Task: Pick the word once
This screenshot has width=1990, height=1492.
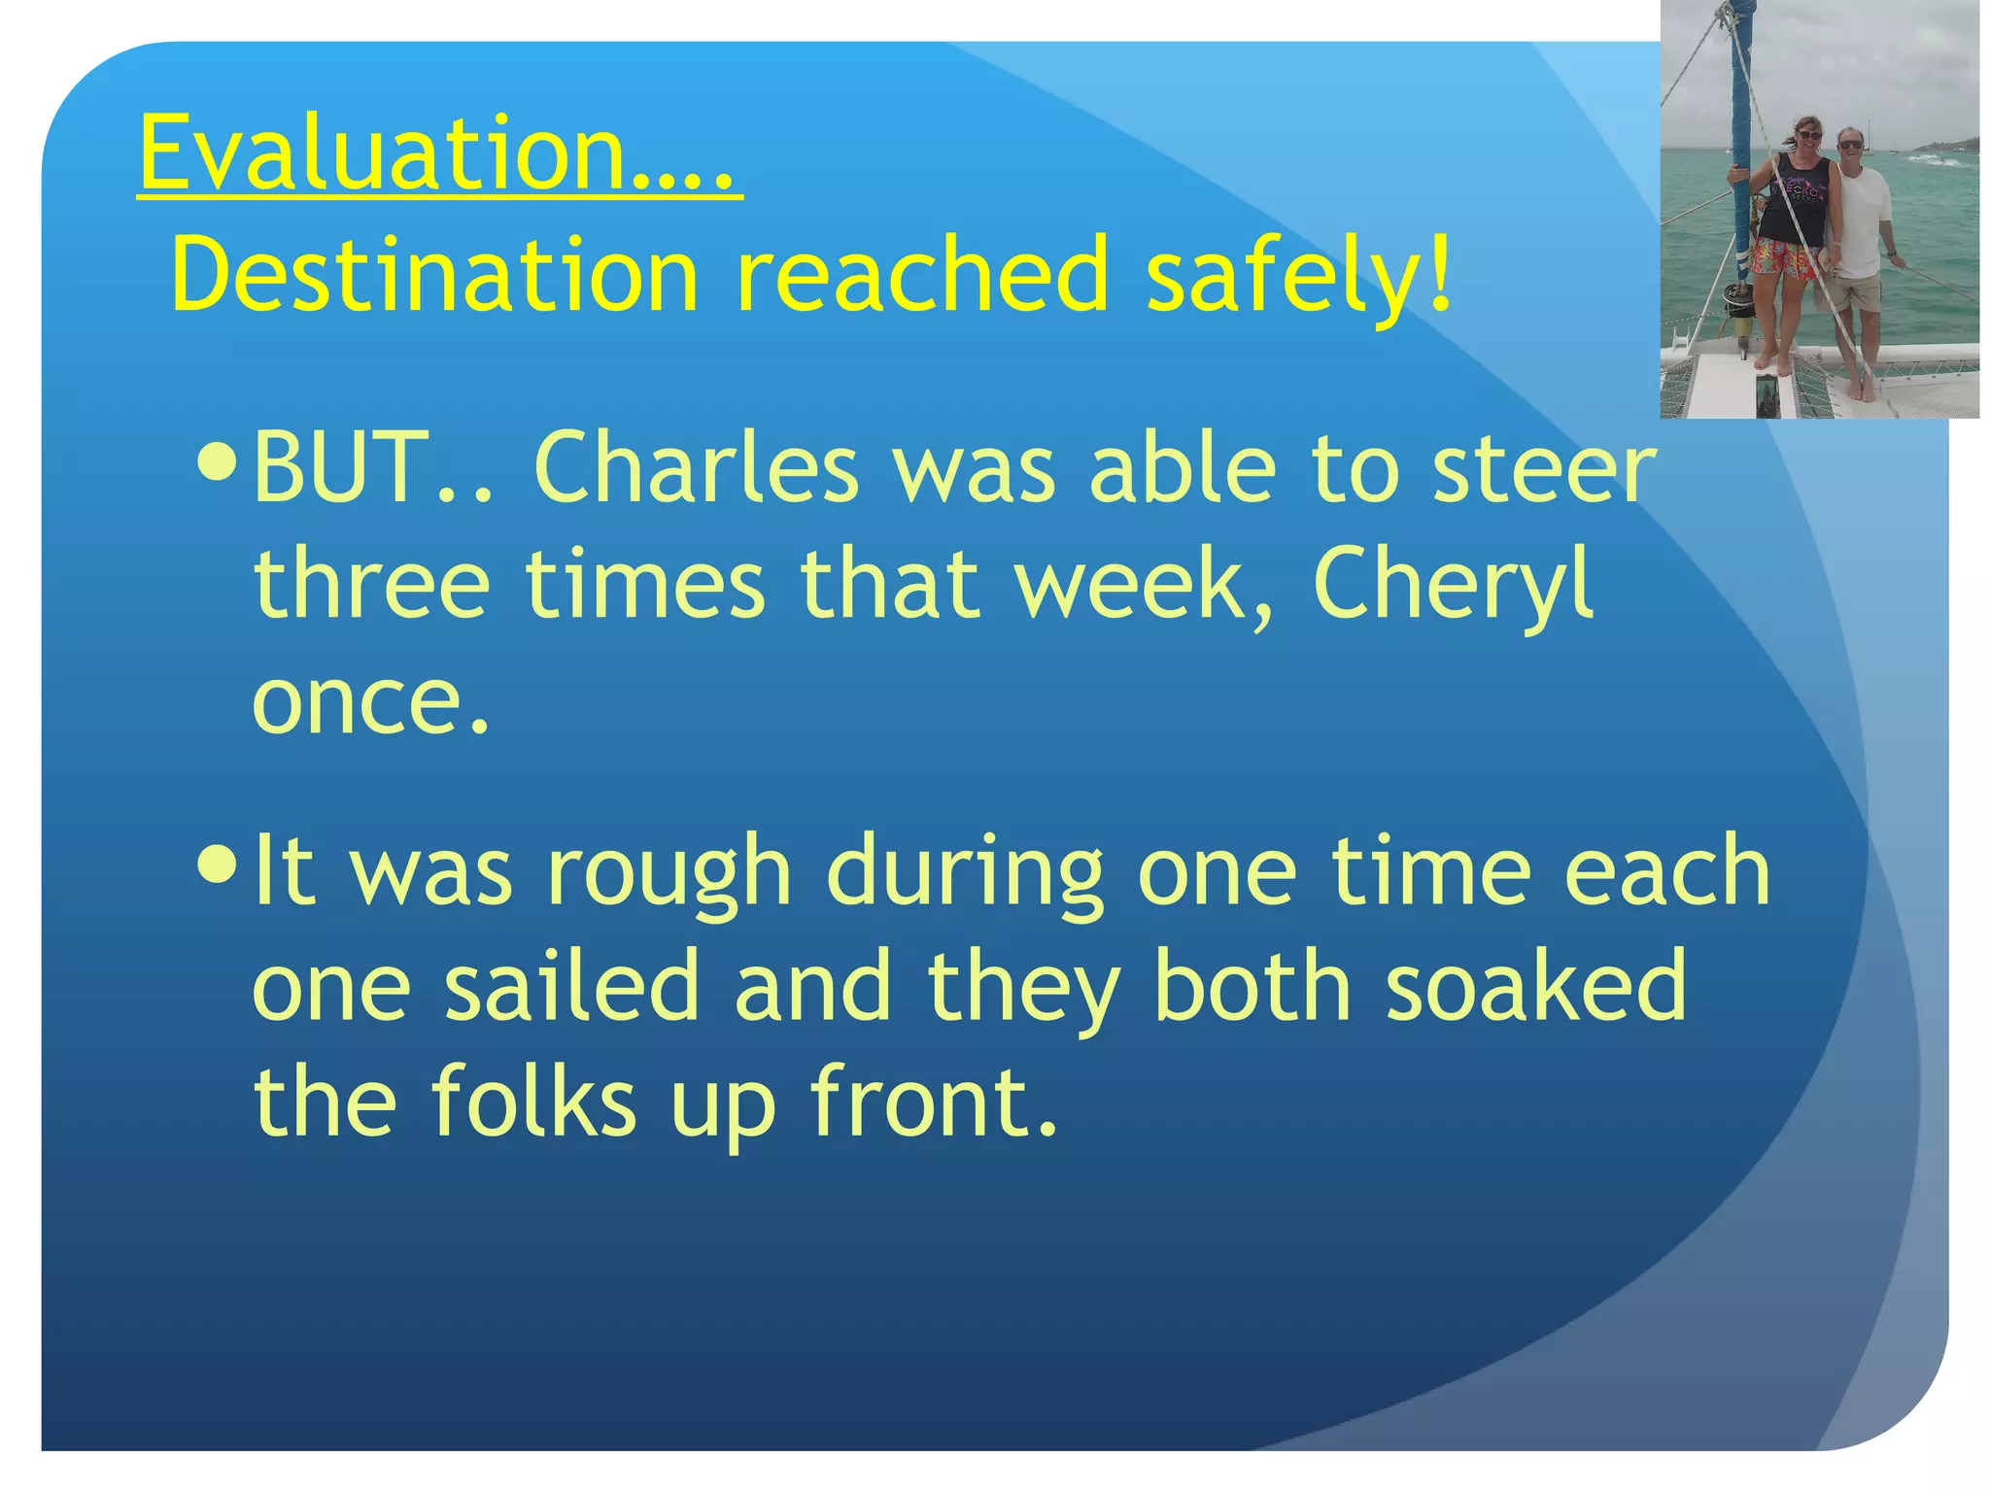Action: coord(369,701)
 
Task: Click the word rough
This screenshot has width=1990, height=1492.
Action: coord(669,871)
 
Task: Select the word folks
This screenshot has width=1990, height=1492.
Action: coord(532,1102)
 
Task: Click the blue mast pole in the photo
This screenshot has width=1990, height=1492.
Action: coord(1740,146)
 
